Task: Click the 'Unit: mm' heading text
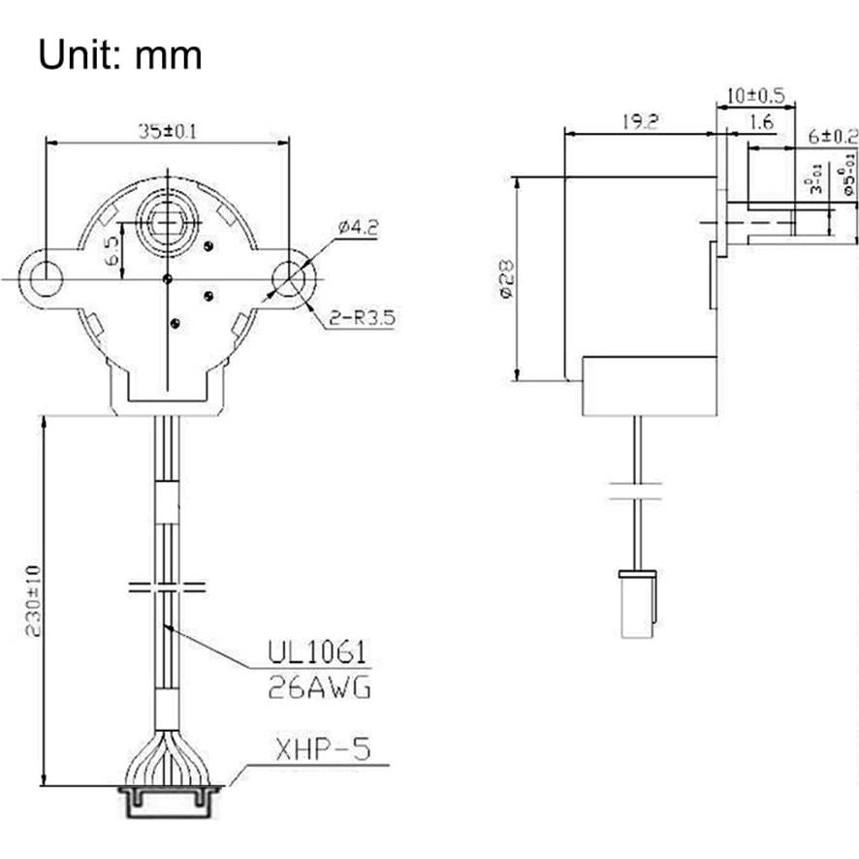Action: (120, 54)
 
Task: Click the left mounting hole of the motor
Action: (45, 278)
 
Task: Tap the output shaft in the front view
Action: (167, 213)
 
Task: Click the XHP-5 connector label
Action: (321, 749)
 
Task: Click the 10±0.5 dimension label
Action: (754, 97)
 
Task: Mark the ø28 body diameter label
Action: (504, 278)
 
